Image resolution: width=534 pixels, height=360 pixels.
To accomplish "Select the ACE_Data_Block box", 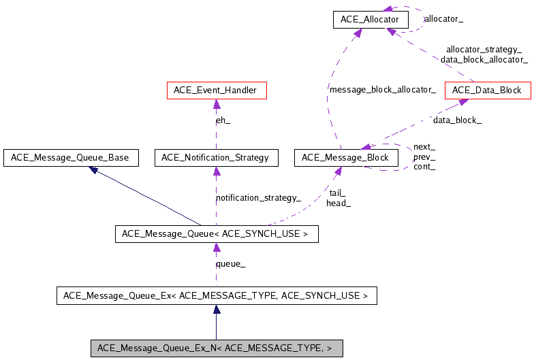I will click(487, 90).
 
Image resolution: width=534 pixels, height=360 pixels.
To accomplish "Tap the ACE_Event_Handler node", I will click(217, 90).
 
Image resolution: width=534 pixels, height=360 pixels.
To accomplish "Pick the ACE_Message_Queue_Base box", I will click(71, 158).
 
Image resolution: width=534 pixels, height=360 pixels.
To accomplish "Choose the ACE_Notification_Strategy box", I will click(215, 158).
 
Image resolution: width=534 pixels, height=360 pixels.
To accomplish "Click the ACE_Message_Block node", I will click(345, 158).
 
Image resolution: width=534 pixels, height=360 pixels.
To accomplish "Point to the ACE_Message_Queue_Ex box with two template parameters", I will click(216, 295).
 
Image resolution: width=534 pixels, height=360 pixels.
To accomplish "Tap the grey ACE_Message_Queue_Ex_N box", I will click(216, 348).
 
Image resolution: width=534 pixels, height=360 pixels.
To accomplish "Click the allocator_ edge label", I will click(443, 20).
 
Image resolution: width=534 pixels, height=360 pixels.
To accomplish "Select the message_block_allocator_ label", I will click(382, 90).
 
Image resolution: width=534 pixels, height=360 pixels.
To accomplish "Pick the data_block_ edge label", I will click(457, 120).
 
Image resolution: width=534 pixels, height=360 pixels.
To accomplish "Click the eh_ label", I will click(223, 120).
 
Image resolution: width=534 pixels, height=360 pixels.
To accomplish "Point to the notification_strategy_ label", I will click(258, 198).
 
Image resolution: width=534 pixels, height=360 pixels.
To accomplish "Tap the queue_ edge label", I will click(230, 264).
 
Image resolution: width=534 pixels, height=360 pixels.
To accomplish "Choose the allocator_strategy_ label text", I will click(484, 50).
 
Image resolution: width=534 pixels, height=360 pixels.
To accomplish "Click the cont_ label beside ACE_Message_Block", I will click(424, 166).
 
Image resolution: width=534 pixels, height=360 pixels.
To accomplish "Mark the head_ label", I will click(339, 203).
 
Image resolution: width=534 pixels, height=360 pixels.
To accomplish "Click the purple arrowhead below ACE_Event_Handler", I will click(217, 105).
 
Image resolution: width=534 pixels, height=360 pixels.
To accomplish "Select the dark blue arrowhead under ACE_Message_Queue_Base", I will click(94, 169).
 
